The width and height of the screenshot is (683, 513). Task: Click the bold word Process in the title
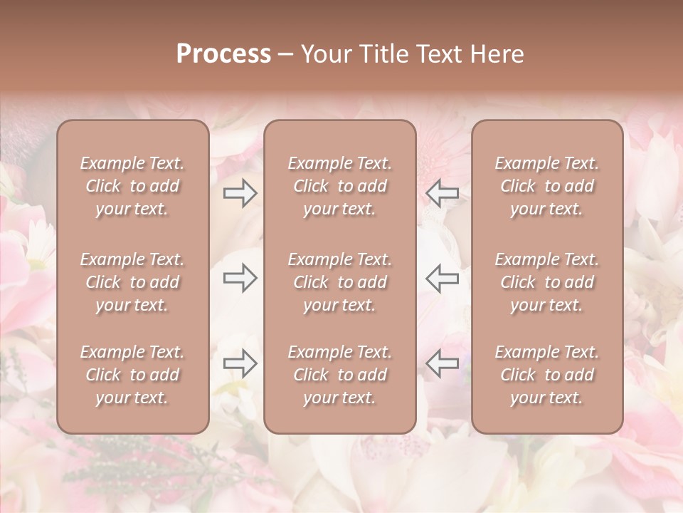pos(223,54)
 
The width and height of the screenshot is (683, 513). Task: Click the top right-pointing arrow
pos(240,193)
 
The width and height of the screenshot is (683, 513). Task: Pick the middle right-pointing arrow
pos(240,278)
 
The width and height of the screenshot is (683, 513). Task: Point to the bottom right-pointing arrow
pos(240,363)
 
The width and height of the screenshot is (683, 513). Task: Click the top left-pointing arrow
pos(443,193)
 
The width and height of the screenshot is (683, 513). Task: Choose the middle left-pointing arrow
pos(443,278)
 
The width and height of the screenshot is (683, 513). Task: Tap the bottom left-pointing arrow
pos(443,363)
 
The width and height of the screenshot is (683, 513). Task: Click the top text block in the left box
pos(132,186)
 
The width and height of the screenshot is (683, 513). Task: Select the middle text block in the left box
pos(132,282)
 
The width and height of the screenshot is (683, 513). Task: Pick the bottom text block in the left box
pos(132,375)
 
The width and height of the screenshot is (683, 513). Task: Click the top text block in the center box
pos(339,186)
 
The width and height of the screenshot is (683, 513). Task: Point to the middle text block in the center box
pos(339,282)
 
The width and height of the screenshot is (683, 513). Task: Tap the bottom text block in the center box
pos(339,375)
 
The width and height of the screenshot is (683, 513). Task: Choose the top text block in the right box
pos(547,186)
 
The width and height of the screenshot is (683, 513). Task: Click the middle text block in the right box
pos(547,282)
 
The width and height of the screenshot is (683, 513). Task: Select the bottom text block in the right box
pos(547,375)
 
